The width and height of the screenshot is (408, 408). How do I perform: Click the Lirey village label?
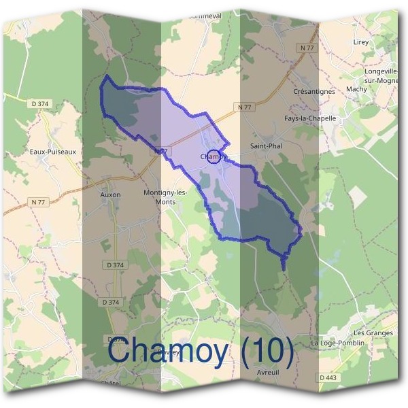coord(360,41)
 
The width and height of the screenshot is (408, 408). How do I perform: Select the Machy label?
coord(356,89)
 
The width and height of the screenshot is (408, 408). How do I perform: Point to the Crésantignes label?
coord(314,91)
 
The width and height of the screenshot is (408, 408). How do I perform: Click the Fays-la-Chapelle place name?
coord(310,118)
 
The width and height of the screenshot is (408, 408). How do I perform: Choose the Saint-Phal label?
coord(266,146)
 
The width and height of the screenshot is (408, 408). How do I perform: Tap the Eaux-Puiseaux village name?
coord(53,152)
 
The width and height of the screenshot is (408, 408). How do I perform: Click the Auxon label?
coord(110,194)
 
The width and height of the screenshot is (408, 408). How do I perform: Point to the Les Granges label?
coord(373,333)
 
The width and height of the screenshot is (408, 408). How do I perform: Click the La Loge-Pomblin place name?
coord(338,343)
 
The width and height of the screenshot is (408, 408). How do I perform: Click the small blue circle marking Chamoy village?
coord(214,157)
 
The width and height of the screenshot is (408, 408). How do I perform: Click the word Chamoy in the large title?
coord(166,352)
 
